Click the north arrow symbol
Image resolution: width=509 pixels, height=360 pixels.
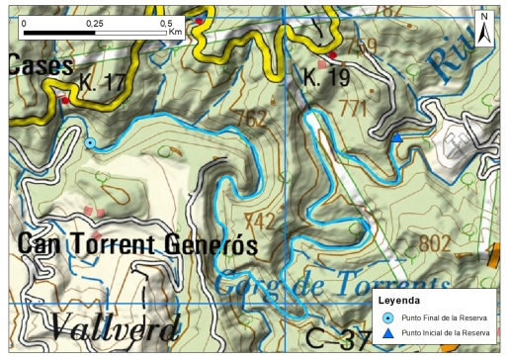[x=483, y=29]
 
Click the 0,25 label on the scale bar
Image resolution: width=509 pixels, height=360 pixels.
[x=95, y=22]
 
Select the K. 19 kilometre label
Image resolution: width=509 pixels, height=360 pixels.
[x=325, y=76]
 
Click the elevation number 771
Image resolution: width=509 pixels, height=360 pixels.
[x=352, y=107]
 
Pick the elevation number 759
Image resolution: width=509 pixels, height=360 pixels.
[x=362, y=46]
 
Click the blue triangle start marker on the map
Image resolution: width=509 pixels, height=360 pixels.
[x=396, y=138]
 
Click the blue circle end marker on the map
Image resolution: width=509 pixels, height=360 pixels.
[x=90, y=143]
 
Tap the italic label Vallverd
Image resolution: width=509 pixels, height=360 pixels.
[x=115, y=327]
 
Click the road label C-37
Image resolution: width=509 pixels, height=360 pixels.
[x=334, y=337]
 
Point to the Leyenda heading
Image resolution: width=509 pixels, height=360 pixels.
[x=399, y=299]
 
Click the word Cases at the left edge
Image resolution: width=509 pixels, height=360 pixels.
[x=41, y=66]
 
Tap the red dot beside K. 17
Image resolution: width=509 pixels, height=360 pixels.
[x=65, y=100]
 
